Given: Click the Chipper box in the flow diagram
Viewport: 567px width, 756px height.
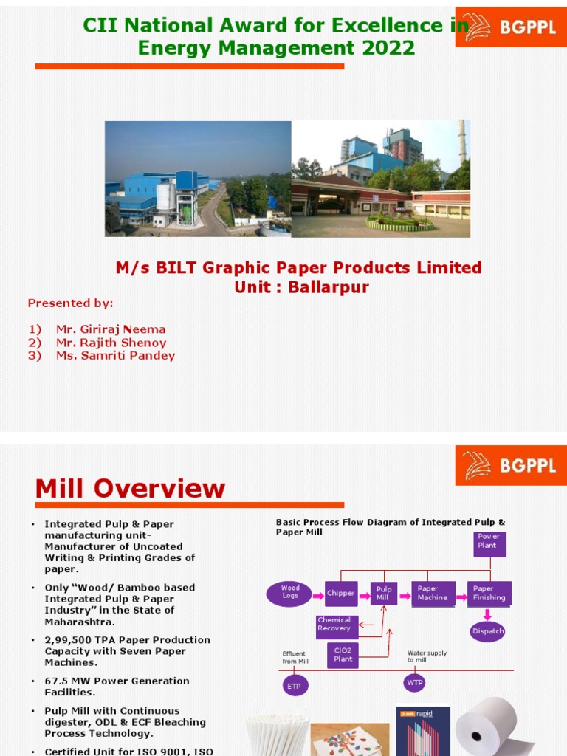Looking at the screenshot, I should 341,593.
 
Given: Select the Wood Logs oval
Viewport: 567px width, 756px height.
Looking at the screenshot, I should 290,592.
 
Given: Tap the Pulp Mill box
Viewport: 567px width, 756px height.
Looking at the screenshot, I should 384,593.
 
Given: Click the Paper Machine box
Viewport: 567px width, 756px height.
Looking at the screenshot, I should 433,593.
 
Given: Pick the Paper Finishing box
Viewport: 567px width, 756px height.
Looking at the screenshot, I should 489,593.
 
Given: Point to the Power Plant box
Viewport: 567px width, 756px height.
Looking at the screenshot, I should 489,544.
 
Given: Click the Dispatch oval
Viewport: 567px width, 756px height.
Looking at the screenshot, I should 489,631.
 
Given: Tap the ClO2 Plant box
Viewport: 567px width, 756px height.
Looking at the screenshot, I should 343,655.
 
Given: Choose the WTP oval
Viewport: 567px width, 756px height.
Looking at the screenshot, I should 415,683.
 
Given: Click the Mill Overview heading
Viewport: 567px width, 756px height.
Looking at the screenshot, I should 130,488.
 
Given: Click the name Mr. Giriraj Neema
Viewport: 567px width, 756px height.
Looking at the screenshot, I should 111,329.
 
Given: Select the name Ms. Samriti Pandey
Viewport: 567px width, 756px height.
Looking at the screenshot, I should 115,356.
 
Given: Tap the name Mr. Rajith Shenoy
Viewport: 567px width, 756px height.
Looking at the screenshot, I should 111,343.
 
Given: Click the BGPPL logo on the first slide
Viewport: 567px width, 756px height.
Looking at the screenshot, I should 510,27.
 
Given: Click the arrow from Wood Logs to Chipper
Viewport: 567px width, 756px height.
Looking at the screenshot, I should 319,593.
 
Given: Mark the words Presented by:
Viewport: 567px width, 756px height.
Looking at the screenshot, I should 71,303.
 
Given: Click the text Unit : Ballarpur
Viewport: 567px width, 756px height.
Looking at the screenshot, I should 301,287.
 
